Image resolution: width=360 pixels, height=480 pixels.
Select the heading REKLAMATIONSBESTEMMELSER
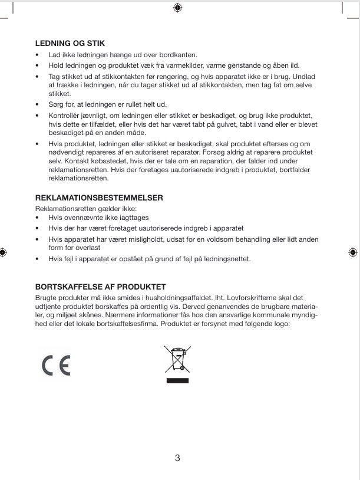pyautogui.click(x=99, y=198)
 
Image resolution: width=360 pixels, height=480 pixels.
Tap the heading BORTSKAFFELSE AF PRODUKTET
pyautogui.click(x=100, y=287)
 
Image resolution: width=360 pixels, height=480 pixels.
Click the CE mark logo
pyautogui.click(x=56, y=366)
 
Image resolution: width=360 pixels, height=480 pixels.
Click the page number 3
pyautogui.click(x=177, y=458)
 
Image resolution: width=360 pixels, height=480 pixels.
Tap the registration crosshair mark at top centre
pyautogui.click(x=178, y=8)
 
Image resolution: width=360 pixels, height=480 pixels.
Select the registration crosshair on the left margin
pyautogui.click(x=4, y=252)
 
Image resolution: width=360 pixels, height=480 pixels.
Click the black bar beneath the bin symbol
pyautogui.click(x=177, y=382)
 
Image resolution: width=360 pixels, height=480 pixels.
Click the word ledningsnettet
pyautogui.click(x=227, y=259)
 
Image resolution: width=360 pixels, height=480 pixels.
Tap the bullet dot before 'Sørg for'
pyautogui.click(x=38, y=104)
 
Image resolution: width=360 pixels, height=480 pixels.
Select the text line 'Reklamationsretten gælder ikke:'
pyautogui.click(x=86, y=209)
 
